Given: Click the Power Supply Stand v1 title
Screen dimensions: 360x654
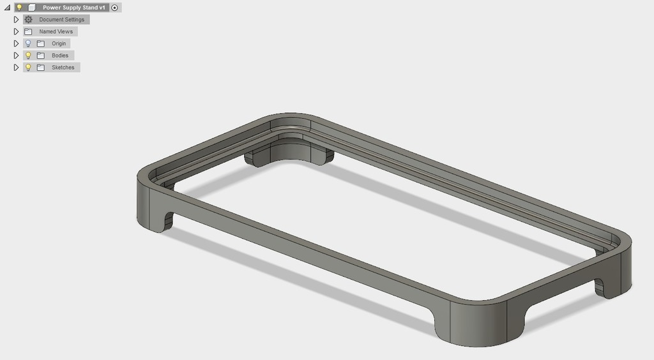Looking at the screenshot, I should [x=74, y=8].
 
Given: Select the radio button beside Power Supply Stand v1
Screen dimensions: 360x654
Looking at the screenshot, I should [x=114, y=8].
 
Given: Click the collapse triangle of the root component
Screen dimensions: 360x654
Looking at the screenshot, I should [x=7, y=8].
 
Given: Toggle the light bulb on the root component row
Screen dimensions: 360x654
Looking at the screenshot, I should [x=19, y=8].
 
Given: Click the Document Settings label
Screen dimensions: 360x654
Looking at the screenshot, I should [x=61, y=20].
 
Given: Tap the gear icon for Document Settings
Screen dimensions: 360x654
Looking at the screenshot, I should [x=28, y=20].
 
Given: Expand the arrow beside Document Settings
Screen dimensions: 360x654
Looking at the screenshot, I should [x=17, y=20].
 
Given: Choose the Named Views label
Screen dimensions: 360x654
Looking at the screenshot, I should [x=56, y=31].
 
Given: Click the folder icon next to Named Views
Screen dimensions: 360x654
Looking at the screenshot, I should [x=28, y=31].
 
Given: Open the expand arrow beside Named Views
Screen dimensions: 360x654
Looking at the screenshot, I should [x=17, y=31].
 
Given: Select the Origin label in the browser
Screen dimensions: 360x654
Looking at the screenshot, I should [x=59, y=43].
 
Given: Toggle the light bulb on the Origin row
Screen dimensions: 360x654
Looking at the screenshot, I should [x=28, y=43].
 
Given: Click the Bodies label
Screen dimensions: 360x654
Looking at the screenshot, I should [x=60, y=56].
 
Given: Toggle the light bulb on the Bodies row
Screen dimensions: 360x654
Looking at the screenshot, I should [x=28, y=56].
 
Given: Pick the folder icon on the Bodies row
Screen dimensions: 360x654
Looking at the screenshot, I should [x=40, y=56].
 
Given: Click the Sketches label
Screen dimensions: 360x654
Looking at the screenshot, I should [x=63, y=67].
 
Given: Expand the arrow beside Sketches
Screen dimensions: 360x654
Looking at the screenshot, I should [x=17, y=67].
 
